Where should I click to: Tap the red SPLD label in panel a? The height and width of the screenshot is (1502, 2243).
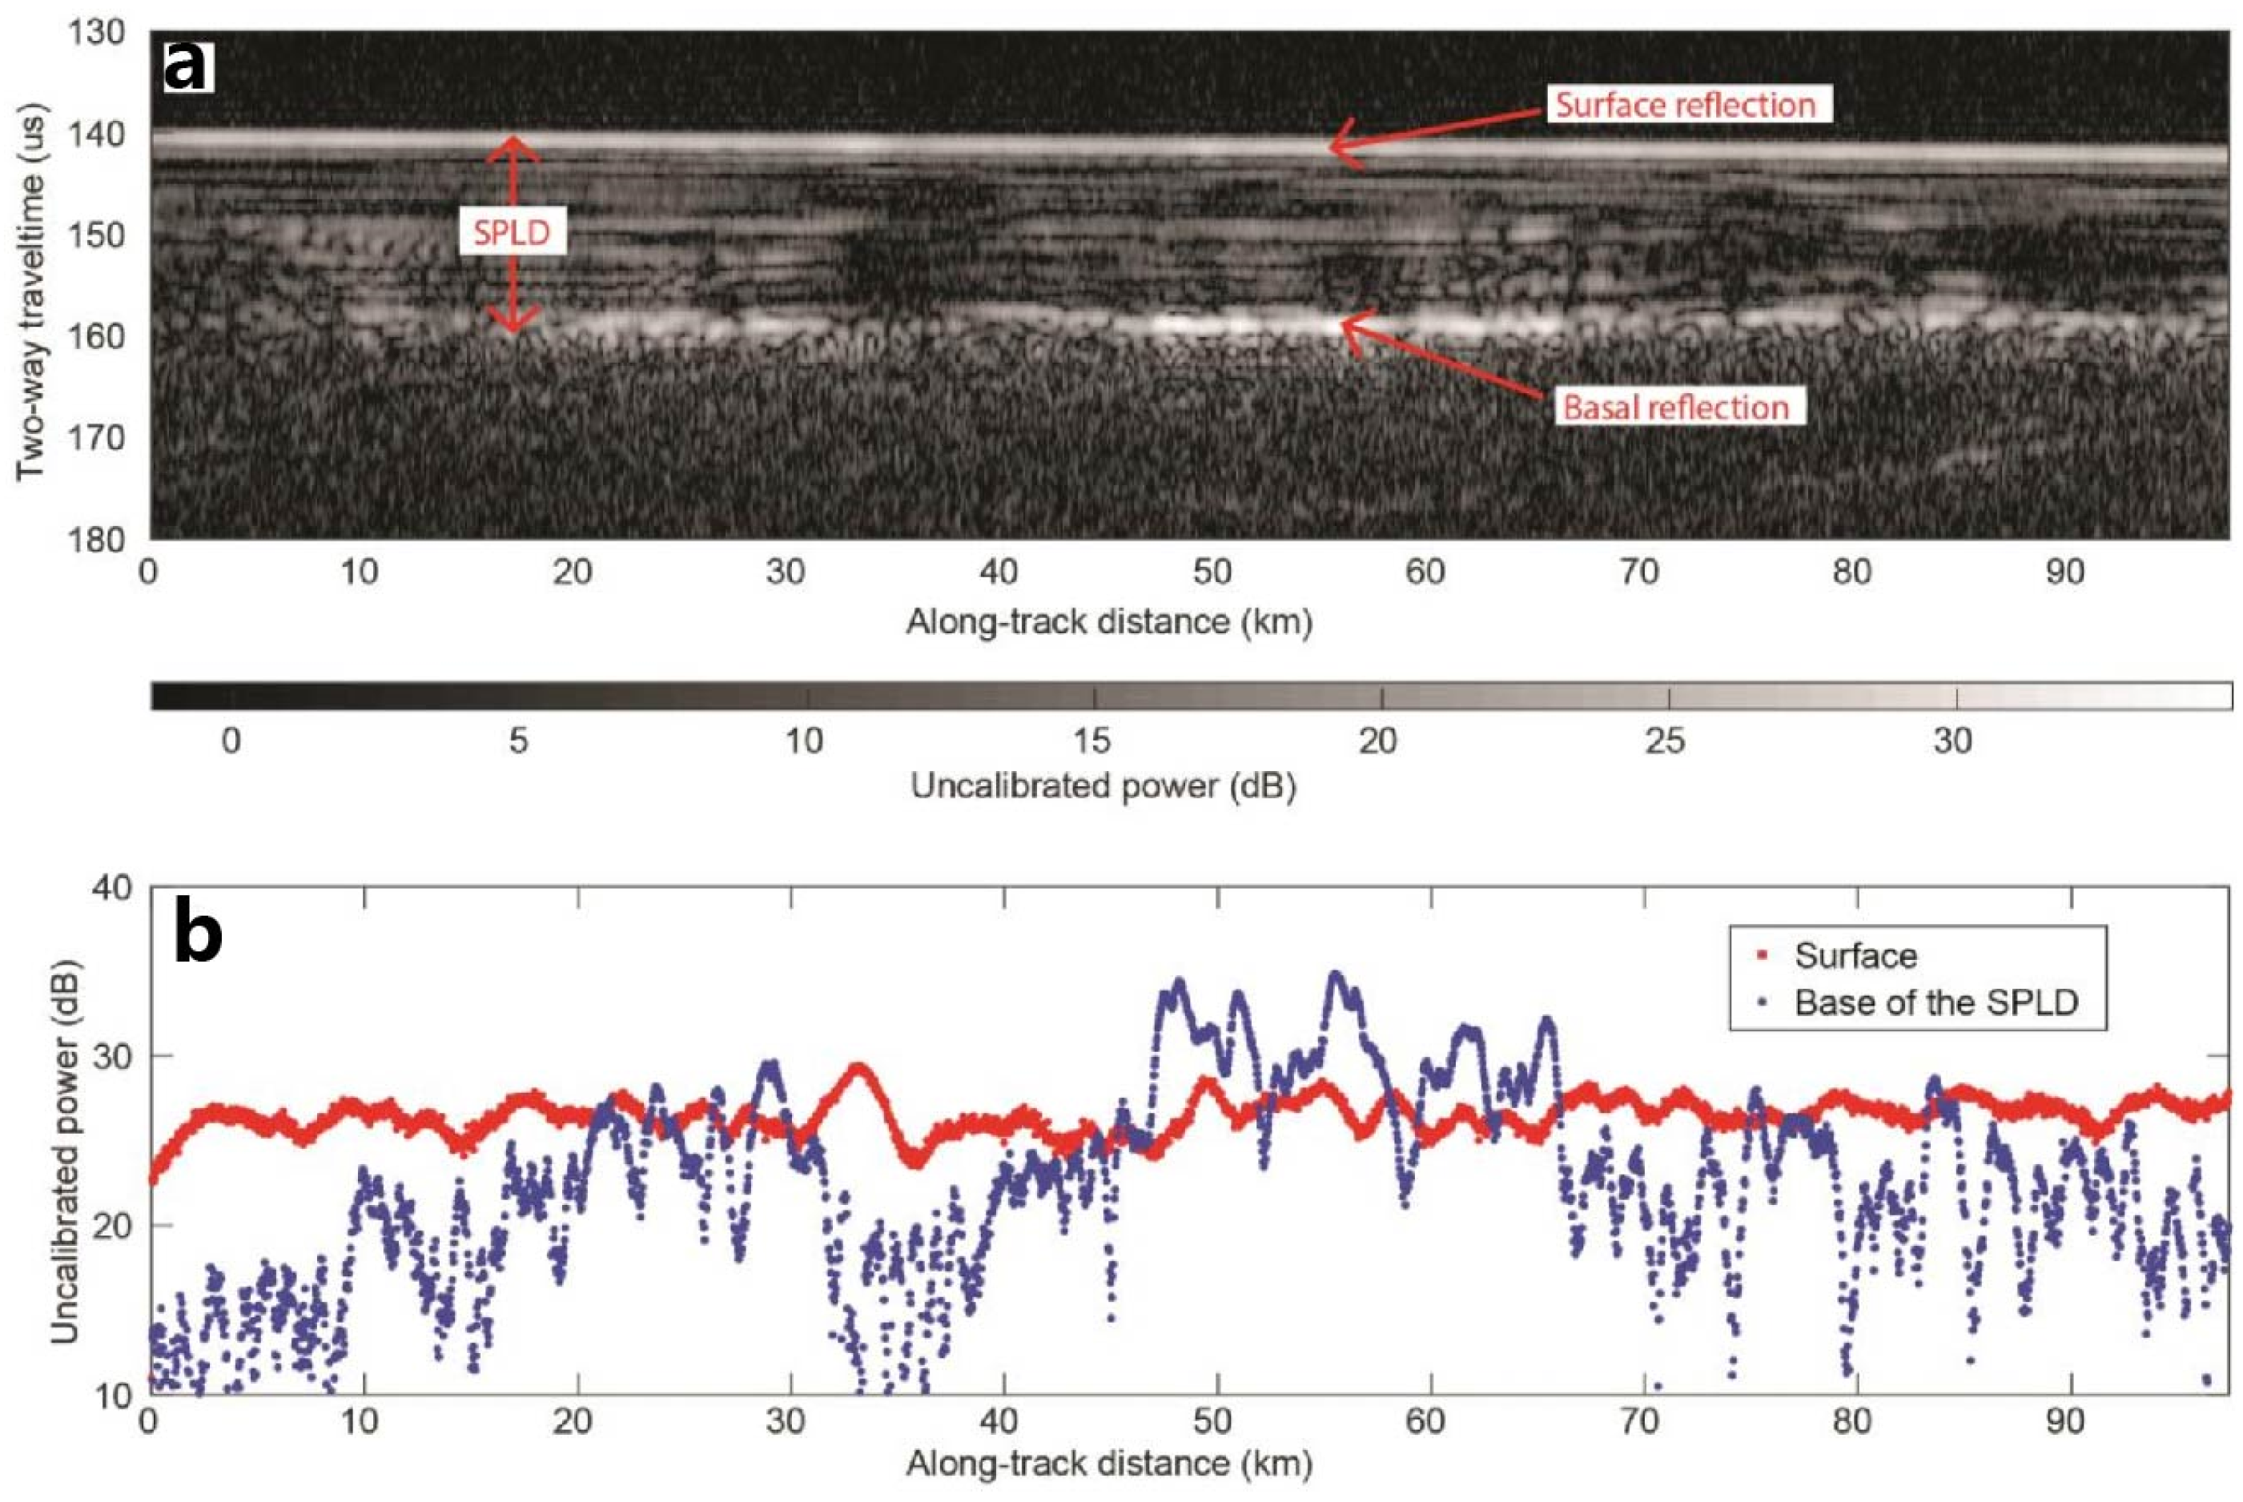pyautogui.click(x=512, y=233)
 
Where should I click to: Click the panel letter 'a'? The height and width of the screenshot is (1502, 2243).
pyautogui.click(x=186, y=66)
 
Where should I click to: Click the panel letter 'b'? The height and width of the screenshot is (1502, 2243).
pyautogui.click(x=199, y=934)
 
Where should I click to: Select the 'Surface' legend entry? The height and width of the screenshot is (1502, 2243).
pyautogui.click(x=1855, y=955)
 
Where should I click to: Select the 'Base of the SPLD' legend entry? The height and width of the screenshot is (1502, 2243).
pyautogui.click(x=1935, y=1002)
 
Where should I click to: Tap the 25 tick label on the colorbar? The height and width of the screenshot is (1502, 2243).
pyautogui.click(x=1666, y=741)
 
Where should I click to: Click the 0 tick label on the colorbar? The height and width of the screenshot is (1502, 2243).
pyautogui.click(x=230, y=741)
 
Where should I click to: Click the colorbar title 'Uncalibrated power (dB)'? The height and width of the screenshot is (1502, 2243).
pyautogui.click(x=1103, y=786)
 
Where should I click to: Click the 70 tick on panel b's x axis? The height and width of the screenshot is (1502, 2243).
pyautogui.click(x=1638, y=1420)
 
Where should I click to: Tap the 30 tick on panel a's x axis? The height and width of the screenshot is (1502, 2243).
pyautogui.click(x=785, y=572)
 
